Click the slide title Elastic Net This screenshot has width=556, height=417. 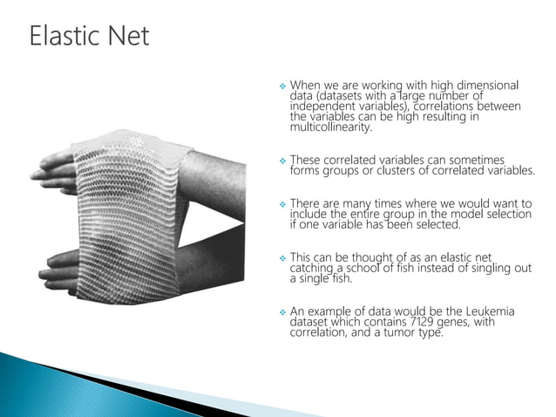pyautogui.click(x=89, y=36)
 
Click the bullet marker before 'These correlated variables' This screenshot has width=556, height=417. pyautogui.click(x=280, y=161)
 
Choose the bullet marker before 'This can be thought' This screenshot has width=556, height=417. pyautogui.click(x=280, y=258)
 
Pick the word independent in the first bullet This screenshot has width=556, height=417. pyautogui.click(x=322, y=106)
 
